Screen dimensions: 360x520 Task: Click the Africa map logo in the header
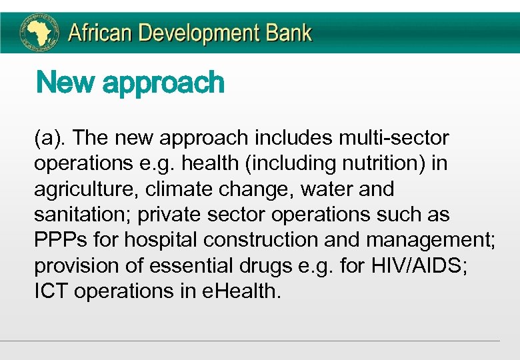click(x=39, y=33)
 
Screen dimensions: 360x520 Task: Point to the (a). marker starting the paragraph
click(x=51, y=138)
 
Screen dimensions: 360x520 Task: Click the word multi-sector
click(x=394, y=138)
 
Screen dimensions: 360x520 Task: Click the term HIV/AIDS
click(x=399, y=266)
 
